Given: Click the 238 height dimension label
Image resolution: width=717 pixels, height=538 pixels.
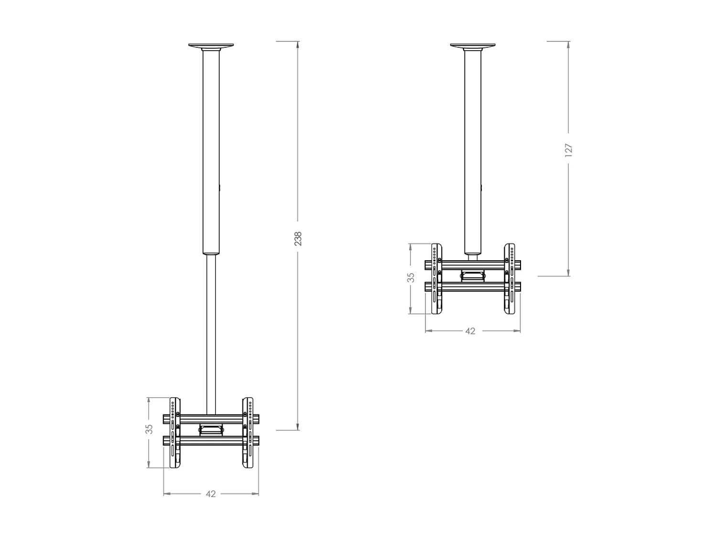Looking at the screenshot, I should pyautogui.click(x=298, y=239).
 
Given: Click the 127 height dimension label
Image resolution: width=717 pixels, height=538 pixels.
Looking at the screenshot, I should pyautogui.click(x=568, y=150).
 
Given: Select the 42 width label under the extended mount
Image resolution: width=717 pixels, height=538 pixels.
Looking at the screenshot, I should pyautogui.click(x=211, y=494).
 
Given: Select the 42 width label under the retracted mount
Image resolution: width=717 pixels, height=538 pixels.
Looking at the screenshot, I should pyautogui.click(x=470, y=331).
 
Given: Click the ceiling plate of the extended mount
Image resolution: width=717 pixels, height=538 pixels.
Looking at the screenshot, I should pyautogui.click(x=211, y=46).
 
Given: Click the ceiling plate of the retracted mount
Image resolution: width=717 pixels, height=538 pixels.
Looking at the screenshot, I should pyautogui.click(x=472, y=46).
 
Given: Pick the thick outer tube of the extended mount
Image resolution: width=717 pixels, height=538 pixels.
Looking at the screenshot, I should pyautogui.click(x=211, y=153).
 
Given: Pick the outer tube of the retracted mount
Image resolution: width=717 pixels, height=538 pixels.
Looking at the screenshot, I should pyautogui.click(x=472, y=153).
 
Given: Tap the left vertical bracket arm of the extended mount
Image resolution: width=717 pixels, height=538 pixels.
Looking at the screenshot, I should pyautogui.click(x=174, y=433).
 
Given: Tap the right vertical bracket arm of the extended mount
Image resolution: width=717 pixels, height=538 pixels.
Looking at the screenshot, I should pyautogui.click(x=248, y=433).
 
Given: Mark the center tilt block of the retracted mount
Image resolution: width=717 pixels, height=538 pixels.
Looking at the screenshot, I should pyautogui.click(x=472, y=275).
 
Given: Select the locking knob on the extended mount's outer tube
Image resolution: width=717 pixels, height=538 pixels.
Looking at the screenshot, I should pyautogui.click(x=220, y=188).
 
